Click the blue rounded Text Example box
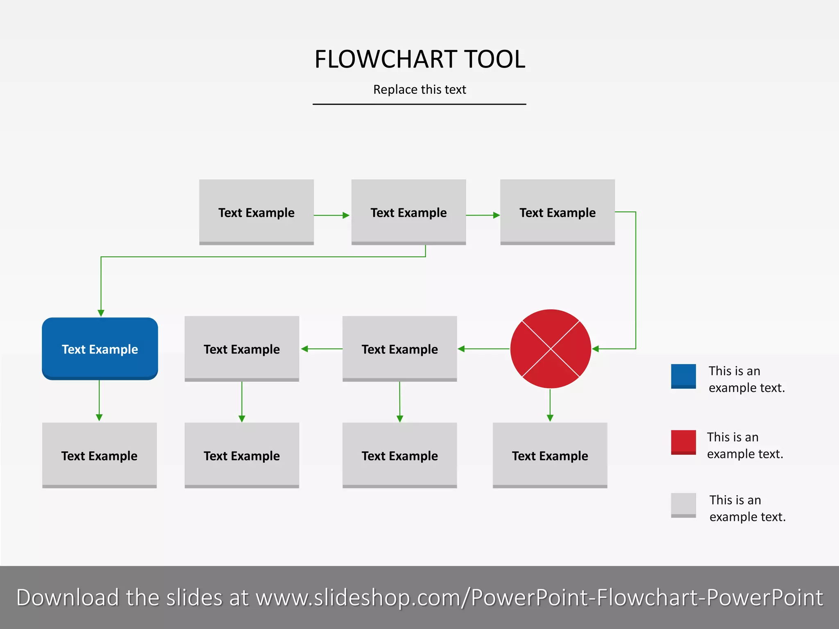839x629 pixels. (x=100, y=348)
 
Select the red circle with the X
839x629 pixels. (x=551, y=348)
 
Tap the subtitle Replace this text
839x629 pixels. (x=419, y=89)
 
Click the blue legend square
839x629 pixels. (x=683, y=376)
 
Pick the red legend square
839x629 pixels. (x=683, y=442)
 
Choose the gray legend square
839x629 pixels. (x=683, y=505)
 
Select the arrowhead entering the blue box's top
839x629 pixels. (x=101, y=313)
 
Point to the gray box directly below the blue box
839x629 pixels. (x=100, y=455)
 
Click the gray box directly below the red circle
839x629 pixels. (x=550, y=455)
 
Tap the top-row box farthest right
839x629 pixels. (x=557, y=212)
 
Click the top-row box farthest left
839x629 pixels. (x=256, y=212)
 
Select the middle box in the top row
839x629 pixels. (x=408, y=212)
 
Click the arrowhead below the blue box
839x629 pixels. (x=99, y=418)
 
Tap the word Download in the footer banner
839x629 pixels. (x=68, y=597)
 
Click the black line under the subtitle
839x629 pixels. (x=419, y=104)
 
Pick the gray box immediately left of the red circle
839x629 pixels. (x=399, y=348)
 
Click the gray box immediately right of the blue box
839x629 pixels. (x=242, y=348)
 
